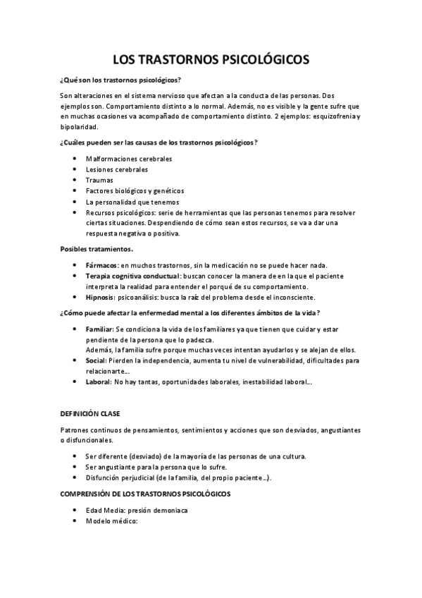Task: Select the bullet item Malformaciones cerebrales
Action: [x=128, y=159]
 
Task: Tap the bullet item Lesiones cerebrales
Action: [x=117, y=169]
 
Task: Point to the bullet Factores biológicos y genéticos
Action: [x=134, y=190]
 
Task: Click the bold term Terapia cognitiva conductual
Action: [x=132, y=276]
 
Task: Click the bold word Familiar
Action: [x=99, y=329]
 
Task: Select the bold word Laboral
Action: [x=98, y=382]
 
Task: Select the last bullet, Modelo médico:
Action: [x=111, y=520]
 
